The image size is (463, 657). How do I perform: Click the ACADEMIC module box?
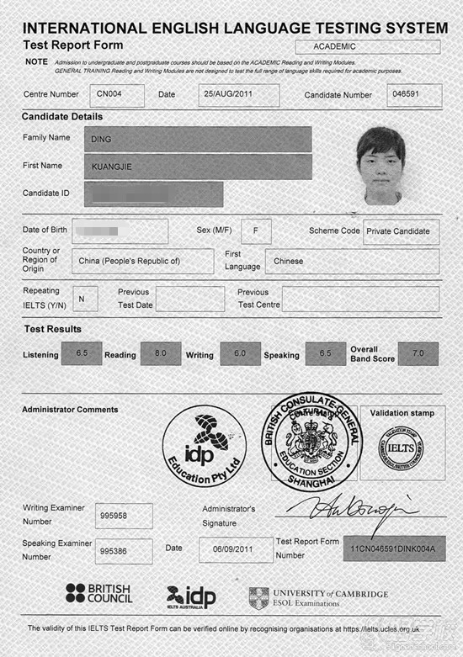(368, 47)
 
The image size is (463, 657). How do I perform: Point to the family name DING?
(198, 139)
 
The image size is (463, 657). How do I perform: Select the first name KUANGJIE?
(198, 167)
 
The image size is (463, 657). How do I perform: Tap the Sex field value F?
(255, 230)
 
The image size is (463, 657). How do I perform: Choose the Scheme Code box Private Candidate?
(402, 231)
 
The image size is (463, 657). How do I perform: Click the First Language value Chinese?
(351, 261)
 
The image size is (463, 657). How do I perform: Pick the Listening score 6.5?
(82, 354)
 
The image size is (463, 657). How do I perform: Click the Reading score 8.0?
(161, 354)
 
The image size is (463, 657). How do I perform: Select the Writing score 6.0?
(240, 354)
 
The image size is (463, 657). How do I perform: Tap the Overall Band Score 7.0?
(418, 354)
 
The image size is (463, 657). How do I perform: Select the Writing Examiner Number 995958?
(124, 516)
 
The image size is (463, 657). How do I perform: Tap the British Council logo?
(99, 594)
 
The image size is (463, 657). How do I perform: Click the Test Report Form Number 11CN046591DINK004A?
(394, 548)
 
